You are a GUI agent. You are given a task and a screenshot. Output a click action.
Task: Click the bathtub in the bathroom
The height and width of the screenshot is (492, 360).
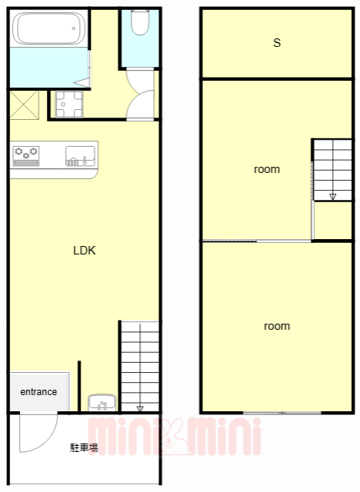click(48, 28)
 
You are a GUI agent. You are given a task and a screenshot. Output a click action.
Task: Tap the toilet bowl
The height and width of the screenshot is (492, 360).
click(140, 22)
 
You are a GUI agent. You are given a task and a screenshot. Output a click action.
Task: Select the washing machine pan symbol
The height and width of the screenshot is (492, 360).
click(69, 105)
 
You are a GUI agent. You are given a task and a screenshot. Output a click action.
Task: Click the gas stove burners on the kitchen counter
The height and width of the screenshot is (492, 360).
click(26, 155)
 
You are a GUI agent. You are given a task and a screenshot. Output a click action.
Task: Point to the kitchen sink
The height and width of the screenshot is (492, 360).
click(80, 156)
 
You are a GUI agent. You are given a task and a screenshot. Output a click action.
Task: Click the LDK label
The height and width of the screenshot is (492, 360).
click(85, 251)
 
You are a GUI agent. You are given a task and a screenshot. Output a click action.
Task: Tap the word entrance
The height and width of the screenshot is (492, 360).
click(38, 391)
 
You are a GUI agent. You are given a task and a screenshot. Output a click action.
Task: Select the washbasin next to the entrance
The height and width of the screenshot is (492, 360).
click(102, 403)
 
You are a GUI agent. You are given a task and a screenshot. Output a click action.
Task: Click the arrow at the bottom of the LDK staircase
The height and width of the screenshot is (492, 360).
click(140, 408)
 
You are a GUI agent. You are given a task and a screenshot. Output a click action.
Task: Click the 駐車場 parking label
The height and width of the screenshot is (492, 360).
click(84, 447)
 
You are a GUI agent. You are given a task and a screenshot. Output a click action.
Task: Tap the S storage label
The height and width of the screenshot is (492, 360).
click(277, 43)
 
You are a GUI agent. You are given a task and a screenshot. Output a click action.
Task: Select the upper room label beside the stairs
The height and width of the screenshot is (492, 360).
click(267, 169)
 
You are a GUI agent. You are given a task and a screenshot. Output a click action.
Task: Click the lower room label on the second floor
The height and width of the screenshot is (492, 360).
click(277, 326)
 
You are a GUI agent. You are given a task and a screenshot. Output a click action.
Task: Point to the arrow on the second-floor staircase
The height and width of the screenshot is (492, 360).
click(333, 197)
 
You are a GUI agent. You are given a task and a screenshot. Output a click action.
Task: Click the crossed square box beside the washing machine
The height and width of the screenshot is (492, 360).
click(24, 105)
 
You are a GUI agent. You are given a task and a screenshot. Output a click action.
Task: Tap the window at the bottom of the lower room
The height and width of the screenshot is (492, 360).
click(282, 413)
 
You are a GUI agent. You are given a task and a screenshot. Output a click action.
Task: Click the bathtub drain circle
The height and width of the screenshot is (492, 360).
click(74, 28)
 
